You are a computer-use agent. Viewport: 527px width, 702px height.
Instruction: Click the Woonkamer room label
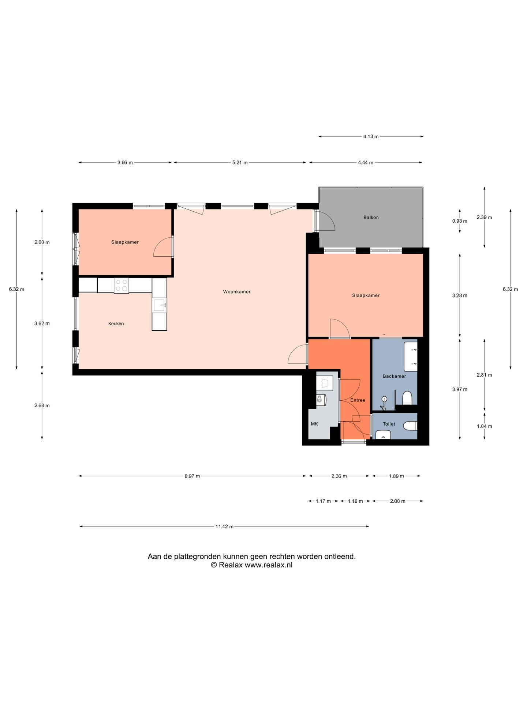click(237, 292)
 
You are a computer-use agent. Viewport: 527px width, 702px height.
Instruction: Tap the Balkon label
click(371, 218)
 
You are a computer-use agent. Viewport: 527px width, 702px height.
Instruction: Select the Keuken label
click(116, 324)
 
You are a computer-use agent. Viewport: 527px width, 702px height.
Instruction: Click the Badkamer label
click(394, 376)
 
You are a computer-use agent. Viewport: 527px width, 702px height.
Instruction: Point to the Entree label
click(358, 400)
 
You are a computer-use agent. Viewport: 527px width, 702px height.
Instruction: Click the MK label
click(314, 424)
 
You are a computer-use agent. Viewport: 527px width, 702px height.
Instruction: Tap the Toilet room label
click(389, 424)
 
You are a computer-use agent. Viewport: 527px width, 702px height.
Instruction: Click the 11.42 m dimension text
click(224, 527)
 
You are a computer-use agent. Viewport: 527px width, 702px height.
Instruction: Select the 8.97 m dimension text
click(192, 476)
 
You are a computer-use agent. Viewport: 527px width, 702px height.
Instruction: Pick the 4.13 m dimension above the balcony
click(371, 137)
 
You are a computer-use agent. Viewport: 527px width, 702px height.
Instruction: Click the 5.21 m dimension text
click(240, 163)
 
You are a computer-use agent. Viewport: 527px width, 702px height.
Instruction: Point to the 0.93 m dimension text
click(460, 221)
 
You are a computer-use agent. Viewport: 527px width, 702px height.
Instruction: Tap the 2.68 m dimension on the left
click(42, 405)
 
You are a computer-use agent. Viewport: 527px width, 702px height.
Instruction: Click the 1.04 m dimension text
click(484, 426)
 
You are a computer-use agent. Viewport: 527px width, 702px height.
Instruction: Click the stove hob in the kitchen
click(122, 286)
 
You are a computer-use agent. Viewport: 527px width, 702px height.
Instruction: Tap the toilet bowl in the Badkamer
click(407, 397)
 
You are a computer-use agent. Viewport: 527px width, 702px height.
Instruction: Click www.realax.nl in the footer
click(268, 565)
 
